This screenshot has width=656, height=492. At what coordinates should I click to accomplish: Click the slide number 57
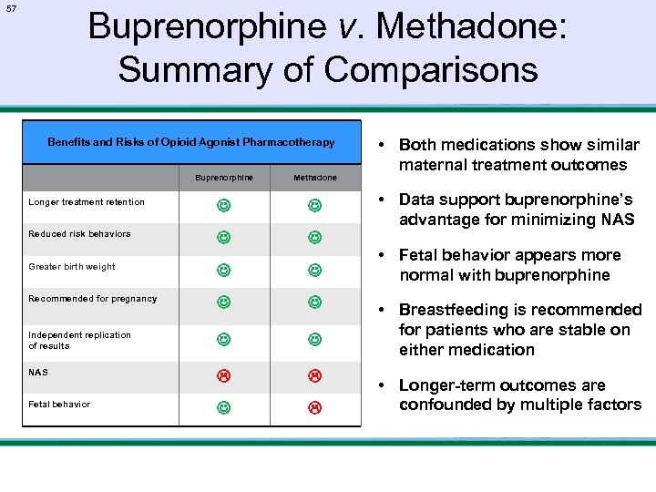click(x=11, y=8)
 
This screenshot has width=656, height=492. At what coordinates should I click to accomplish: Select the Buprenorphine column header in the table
click(x=223, y=178)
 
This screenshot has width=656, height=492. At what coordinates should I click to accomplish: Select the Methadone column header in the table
click(x=314, y=178)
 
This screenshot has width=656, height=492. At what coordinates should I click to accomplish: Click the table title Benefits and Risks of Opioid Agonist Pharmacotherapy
click(x=191, y=142)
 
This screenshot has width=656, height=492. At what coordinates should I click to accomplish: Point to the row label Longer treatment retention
click(x=87, y=202)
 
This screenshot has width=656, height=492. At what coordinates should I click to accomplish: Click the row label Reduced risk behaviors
click(x=79, y=234)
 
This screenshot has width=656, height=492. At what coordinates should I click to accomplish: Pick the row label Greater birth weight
click(x=72, y=267)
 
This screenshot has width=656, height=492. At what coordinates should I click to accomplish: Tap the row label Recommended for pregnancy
click(x=93, y=299)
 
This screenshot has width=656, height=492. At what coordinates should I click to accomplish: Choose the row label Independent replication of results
click(x=79, y=340)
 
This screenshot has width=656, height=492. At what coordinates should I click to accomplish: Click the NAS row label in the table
click(x=38, y=373)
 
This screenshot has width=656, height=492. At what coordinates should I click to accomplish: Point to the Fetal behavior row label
click(x=59, y=405)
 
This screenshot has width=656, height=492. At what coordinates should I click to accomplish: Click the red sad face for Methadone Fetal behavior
click(x=314, y=407)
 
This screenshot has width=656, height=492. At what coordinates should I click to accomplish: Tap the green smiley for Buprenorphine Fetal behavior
click(x=223, y=407)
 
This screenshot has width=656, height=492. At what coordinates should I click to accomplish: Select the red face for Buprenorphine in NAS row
click(x=223, y=375)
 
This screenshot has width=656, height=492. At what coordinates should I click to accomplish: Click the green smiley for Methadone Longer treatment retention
click(x=314, y=205)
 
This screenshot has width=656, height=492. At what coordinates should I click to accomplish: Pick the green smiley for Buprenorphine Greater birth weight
click(x=223, y=270)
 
